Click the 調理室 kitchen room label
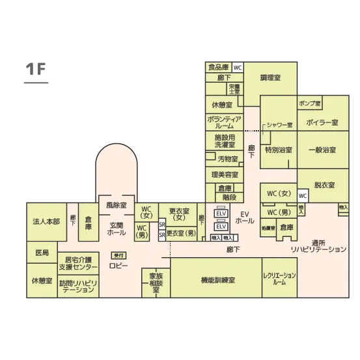point(270,77)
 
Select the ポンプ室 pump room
point(310,104)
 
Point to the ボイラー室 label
point(322,122)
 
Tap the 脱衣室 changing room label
point(324,185)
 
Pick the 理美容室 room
point(225,174)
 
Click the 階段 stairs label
point(228,197)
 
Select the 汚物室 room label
point(228,158)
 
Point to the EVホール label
point(245,217)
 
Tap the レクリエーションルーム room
point(279,279)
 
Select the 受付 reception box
point(118,255)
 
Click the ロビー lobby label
point(118,266)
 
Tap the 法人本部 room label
point(46,221)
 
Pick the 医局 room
point(42,252)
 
